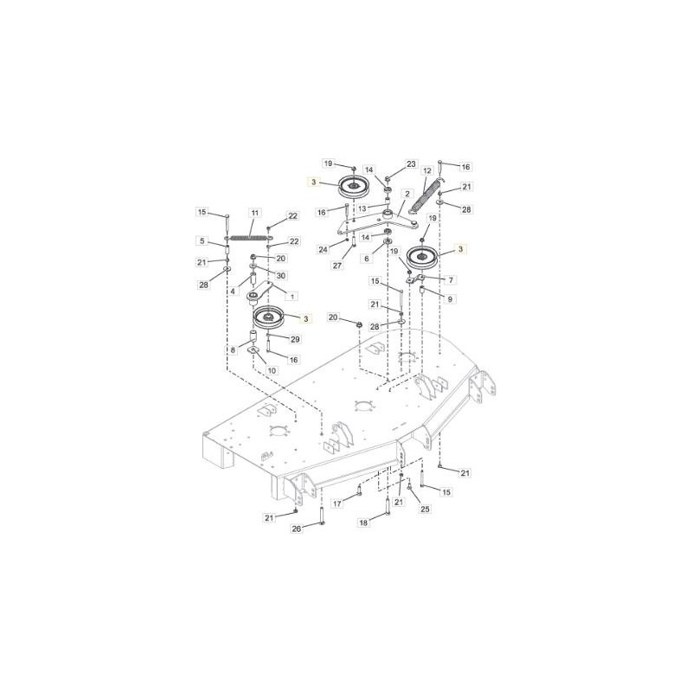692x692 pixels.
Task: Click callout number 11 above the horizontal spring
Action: point(255,213)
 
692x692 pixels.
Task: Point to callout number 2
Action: point(407,195)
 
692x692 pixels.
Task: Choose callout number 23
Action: point(411,164)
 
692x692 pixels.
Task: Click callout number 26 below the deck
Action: point(296,529)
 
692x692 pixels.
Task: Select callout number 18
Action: point(364,522)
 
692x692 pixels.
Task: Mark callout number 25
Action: point(425,509)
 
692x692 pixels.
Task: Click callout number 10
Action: point(272,371)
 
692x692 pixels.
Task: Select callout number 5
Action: point(202,240)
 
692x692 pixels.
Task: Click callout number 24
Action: point(323,250)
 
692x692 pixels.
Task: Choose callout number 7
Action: point(451,280)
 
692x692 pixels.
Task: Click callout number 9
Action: point(451,299)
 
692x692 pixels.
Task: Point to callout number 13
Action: point(362,209)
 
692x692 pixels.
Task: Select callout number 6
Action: point(367,259)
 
